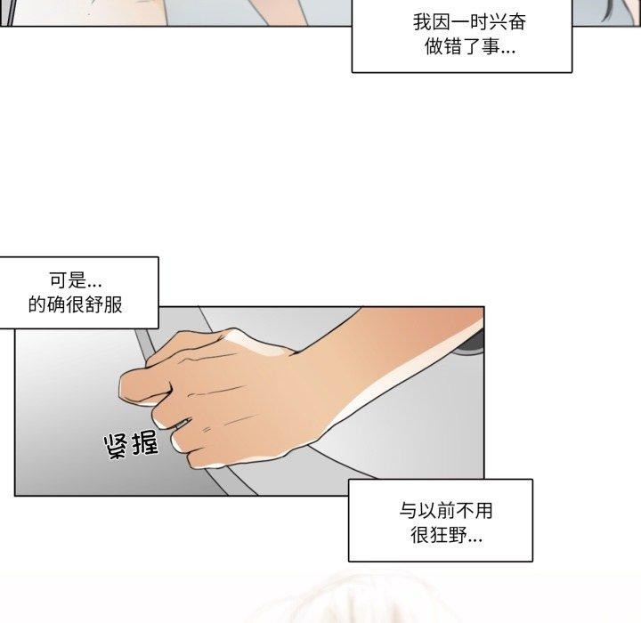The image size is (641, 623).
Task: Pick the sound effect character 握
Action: click(x=143, y=442)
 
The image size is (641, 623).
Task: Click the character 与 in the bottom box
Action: click(x=408, y=511)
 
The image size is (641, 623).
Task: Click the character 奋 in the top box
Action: click(x=516, y=21)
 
